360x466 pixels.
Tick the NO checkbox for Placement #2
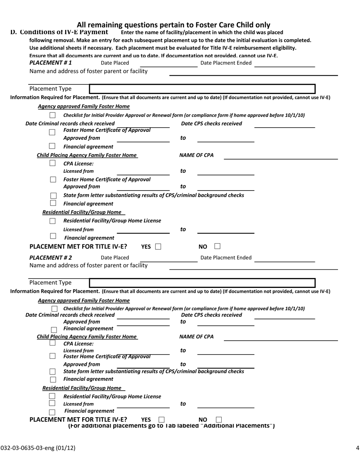[219, 419]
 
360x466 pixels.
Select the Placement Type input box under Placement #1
[202, 89]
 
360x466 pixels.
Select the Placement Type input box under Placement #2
[202, 283]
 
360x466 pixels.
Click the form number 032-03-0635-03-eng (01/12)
[38, 448]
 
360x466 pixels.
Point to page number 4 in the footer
[357, 448]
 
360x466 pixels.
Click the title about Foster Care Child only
[174, 25]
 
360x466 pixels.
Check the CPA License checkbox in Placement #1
[53, 163]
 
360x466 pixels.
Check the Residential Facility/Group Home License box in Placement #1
[53, 221]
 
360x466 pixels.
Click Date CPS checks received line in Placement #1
[284, 124]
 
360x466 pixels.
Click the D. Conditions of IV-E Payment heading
[59, 32]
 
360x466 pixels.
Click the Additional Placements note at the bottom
[171, 426]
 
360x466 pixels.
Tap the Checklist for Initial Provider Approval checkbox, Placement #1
[53, 115]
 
